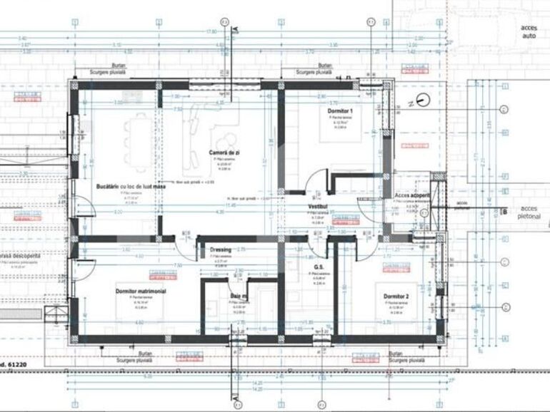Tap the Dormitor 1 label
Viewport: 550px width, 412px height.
point(341,112)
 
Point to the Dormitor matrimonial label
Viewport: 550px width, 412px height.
point(141,292)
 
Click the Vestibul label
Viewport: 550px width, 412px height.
point(317,206)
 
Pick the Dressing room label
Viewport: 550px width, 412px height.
point(220,249)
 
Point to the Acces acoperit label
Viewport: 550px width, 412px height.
point(412,194)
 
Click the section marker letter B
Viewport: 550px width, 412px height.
point(504,211)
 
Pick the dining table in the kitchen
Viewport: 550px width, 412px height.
point(136,139)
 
